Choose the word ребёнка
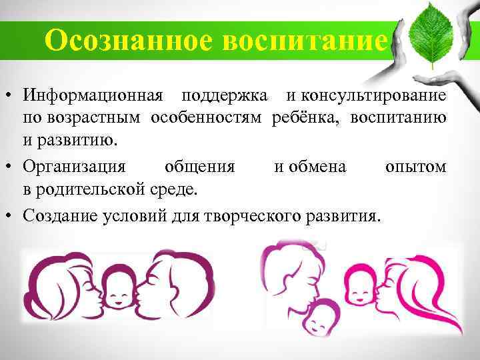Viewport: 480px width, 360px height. click(303, 119)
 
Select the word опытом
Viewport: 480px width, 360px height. click(415, 167)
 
